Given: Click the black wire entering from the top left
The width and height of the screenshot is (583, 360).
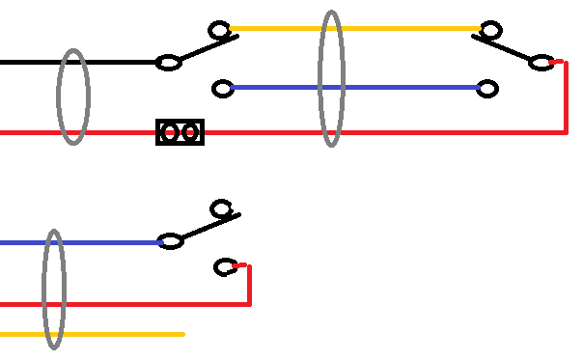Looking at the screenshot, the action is point(29,63).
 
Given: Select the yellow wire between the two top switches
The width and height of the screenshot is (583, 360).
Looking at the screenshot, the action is point(280,29).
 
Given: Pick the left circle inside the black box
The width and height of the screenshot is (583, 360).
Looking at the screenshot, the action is point(171,132).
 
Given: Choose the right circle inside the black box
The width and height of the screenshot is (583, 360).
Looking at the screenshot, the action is point(191,132).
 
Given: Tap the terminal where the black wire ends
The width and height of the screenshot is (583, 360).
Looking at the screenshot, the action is point(169,63).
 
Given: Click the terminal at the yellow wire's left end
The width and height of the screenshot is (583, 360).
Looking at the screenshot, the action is point(220,30).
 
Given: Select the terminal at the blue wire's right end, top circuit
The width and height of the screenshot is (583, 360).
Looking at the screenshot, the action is point(488,89).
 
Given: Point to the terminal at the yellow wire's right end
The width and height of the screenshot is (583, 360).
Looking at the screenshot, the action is point(491,30).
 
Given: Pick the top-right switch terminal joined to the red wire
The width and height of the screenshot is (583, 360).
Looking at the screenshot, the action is point(541,63).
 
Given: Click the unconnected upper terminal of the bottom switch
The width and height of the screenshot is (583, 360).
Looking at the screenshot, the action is point(221,208).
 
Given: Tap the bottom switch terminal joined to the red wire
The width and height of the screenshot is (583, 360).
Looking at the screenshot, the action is point(225,266).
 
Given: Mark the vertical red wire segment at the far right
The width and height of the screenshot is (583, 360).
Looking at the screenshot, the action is point(565,97).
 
